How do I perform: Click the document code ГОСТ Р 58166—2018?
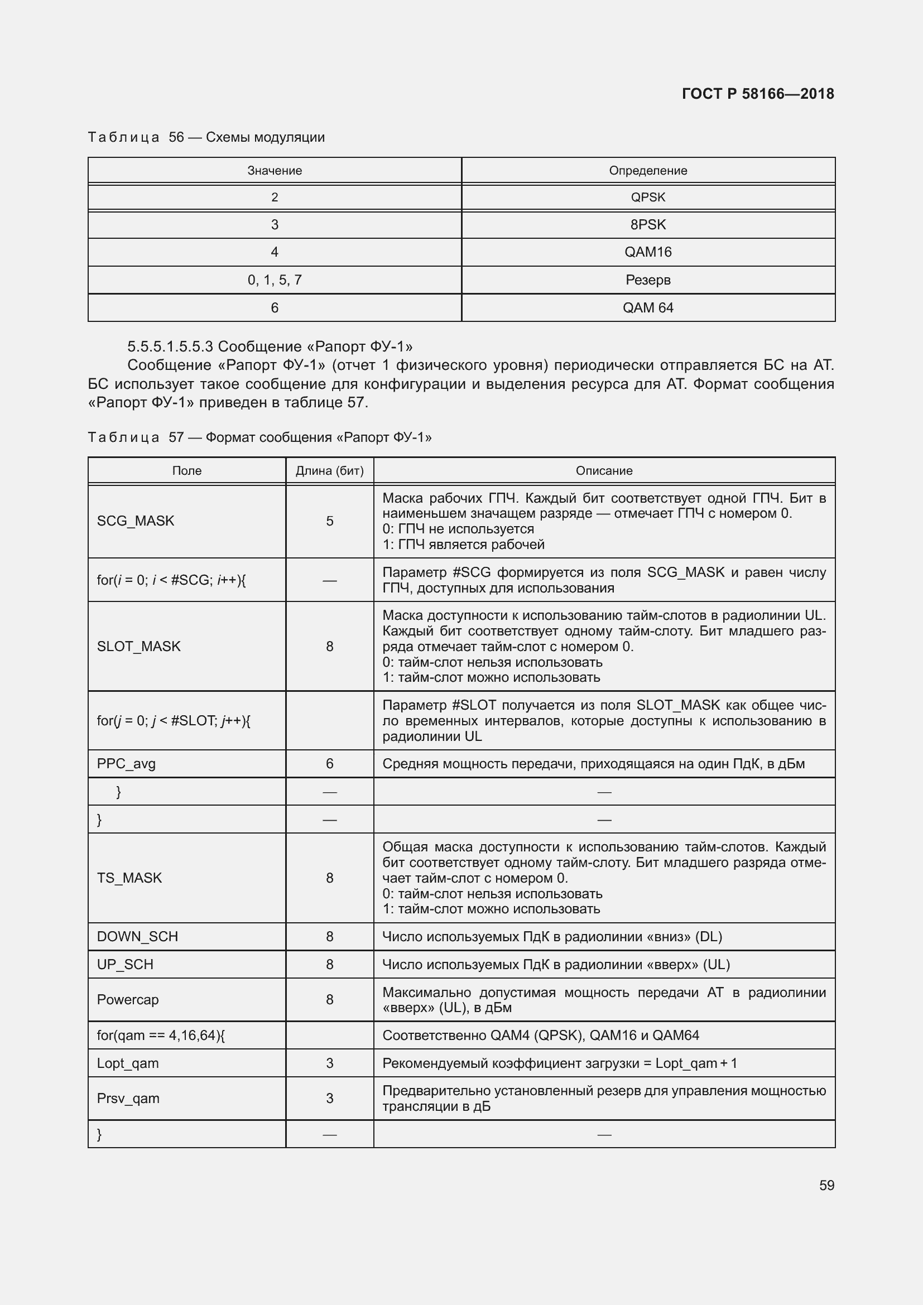[757, 94]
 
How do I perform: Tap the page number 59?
[826, 1185]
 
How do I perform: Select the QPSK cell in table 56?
[647, 197]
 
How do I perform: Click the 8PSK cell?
[647, 224]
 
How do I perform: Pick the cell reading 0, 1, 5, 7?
[275, 280]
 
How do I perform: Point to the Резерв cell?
[647, 280]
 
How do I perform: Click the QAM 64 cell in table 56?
[647, 307]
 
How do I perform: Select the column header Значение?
[275, 171]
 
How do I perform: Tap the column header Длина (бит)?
[330, 471]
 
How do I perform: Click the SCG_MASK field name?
[135, 521]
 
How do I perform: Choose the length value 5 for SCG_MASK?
[330, 521]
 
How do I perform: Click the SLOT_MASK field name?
[139, 646]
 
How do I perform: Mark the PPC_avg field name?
[126, 763]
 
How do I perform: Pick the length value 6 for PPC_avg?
[330, 763]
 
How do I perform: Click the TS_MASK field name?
[129, 878]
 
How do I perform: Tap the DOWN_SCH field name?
[137, 936]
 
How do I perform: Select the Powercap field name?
[127, 999]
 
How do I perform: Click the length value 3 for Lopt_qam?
[330, 1063]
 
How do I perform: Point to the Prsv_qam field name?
[128, 1098]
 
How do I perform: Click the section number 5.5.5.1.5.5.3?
[170, 346]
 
